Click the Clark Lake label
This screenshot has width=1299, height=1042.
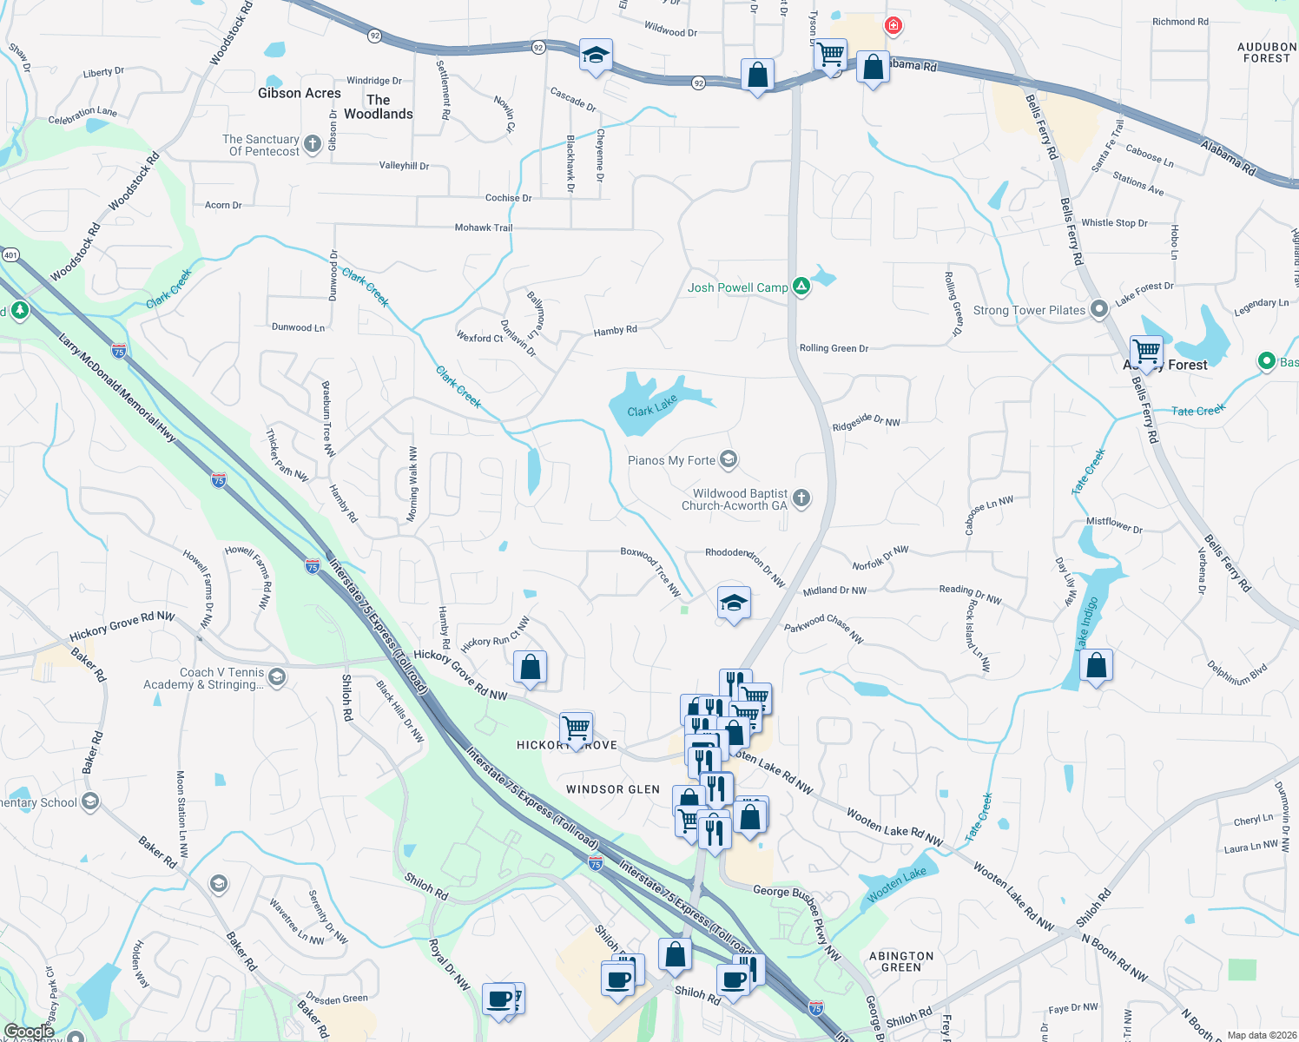pyautogui.click(x=652, y=406)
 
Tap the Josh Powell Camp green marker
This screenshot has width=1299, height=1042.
pyautogui.click(x=801, y=287)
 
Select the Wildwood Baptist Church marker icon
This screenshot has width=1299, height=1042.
pyautogui.click(x=801, y=498)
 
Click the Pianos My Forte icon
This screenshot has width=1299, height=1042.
pyautogui.click(x=729, y=459)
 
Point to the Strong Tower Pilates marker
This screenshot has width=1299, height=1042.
pyautogui.click(x=1099, y=309)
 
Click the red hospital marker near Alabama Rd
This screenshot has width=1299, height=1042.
pyautogui.click(x=893, y=26)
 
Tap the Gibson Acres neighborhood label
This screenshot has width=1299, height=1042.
pyautogui.click(x=300, y=93)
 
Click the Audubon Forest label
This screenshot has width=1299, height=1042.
pyautogui.click(x=1266, y=52)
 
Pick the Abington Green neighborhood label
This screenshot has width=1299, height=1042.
pyautogui.click(x=901, y=961)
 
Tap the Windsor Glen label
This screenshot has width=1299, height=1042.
pyautogui.click(x=613, y=789)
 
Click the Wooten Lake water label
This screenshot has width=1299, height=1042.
pyautogui.click(x=897, y=884)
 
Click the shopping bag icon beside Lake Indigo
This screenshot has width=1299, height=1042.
pyautogui.click(x=1097, y=666)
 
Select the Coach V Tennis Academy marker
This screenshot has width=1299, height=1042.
pyautogui.click(x=277, y=677)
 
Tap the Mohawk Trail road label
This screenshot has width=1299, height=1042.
pyautogui.click(x=484, y=228)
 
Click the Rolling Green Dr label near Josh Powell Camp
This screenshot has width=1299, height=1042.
pyautogui.click(x=834, y=348)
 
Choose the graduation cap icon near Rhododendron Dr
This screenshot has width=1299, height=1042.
pyautogui.click(x=734, y=602)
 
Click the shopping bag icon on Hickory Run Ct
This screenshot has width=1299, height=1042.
pyautogui.click(x=530, y=668)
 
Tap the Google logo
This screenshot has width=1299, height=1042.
pyautogui.click(x=29, y=1032)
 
